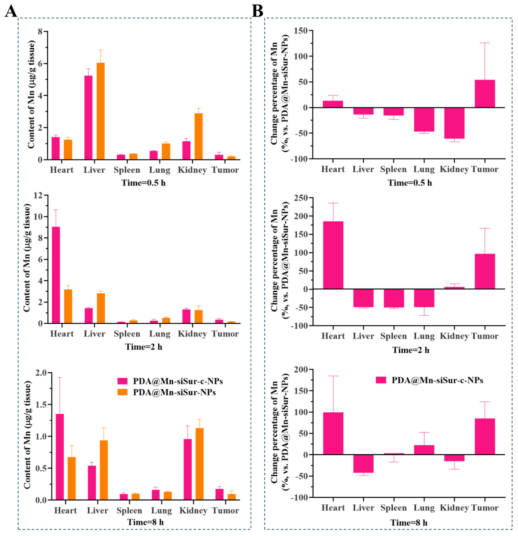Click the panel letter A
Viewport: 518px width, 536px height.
point(11,12)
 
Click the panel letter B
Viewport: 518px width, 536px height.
point(257,12)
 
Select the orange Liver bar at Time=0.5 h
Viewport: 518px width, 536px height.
point(100,111)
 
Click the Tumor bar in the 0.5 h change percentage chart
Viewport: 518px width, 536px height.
point(485,94)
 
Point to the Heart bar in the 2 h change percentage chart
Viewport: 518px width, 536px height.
point(333,255)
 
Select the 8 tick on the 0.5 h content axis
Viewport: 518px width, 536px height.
point(40,31)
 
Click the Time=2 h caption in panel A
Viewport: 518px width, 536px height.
point(144,347)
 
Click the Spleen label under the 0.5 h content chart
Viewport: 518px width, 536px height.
point(127,170)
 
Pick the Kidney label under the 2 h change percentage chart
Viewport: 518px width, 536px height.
point(454,336)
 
